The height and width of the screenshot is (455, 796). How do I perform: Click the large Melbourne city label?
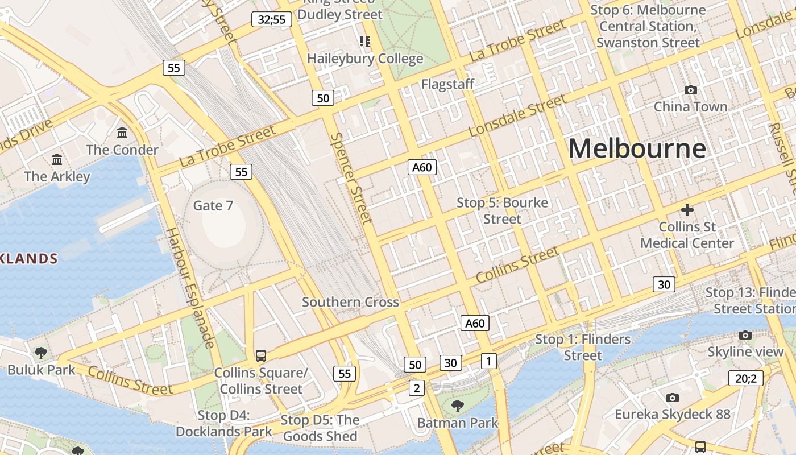click(x=637, y=149)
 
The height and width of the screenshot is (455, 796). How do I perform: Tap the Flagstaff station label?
click(x=447, y=84)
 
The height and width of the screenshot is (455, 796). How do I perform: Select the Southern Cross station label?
click(x=350, y=302)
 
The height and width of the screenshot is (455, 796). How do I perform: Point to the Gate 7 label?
click(x=213, y=205)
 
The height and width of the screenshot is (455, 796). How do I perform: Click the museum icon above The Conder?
click(x=122, y=133)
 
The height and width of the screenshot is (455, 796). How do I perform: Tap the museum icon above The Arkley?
click(x=57, y=159)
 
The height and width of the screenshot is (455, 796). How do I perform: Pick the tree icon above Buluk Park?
click(x=41, y=353)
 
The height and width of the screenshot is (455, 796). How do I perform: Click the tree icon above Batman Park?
click(x=457, y=406)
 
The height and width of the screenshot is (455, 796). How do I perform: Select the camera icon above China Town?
click(x=691, y=90)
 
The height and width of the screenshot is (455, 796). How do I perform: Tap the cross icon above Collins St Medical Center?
click(x=687, y=210)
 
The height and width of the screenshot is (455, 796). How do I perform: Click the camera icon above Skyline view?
click(x=745, y=336)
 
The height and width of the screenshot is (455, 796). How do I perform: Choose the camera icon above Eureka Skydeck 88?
click(x=673, y=398)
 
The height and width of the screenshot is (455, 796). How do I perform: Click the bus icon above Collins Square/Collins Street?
click(x=261, y=356)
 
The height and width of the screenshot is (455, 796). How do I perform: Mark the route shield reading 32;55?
click(x=272, y=20)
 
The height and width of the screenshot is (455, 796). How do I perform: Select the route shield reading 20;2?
click(x=745, y=378)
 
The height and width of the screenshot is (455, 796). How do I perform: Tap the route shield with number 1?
click(x=488, y=361)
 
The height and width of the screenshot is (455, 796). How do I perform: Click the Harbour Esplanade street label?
click(x=191, y=288)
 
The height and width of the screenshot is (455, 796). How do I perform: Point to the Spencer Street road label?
click(x=351, y=178)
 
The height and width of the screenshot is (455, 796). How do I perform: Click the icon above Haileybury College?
click(x=365, y=41)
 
